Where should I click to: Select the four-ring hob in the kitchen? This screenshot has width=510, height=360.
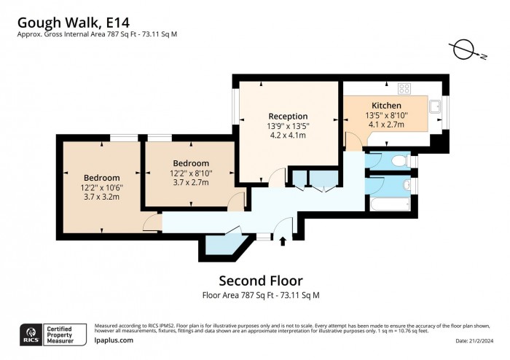404,88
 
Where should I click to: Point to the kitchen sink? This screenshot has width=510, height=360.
436,106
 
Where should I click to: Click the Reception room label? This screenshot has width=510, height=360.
288,116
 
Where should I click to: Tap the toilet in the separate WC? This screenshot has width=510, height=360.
398,160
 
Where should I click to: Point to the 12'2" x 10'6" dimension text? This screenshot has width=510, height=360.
101,187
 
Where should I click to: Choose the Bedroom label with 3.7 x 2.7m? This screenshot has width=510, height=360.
191,163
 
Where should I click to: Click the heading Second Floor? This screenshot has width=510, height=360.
261,281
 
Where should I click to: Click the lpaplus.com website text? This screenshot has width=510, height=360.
114,340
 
